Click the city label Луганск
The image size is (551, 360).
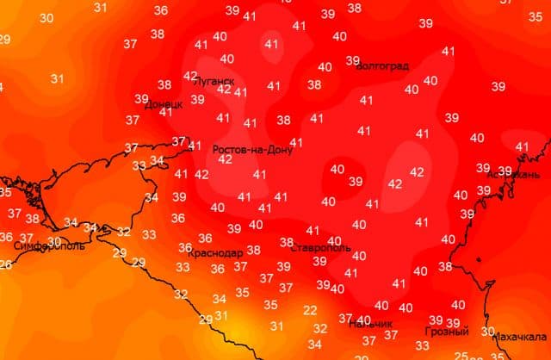coord(215,80)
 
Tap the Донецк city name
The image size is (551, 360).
coord(163,104)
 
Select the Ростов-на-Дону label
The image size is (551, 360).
coord(252,149)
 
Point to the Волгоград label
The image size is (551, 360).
coord(382,65)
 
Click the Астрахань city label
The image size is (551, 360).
coord(513,174)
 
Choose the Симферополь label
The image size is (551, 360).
coord(50,245)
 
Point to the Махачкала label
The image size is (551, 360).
coord(520,337)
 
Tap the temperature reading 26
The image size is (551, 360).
coord(4,264)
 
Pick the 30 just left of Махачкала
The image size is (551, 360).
coord(488,331)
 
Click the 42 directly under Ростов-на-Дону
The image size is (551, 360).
coord(226,159)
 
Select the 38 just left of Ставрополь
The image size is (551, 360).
coord(287,242)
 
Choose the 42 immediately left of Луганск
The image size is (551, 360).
coord(191,76)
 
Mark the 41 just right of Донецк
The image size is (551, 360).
coord(166,112)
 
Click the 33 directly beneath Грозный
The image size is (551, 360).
coord(446,345)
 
